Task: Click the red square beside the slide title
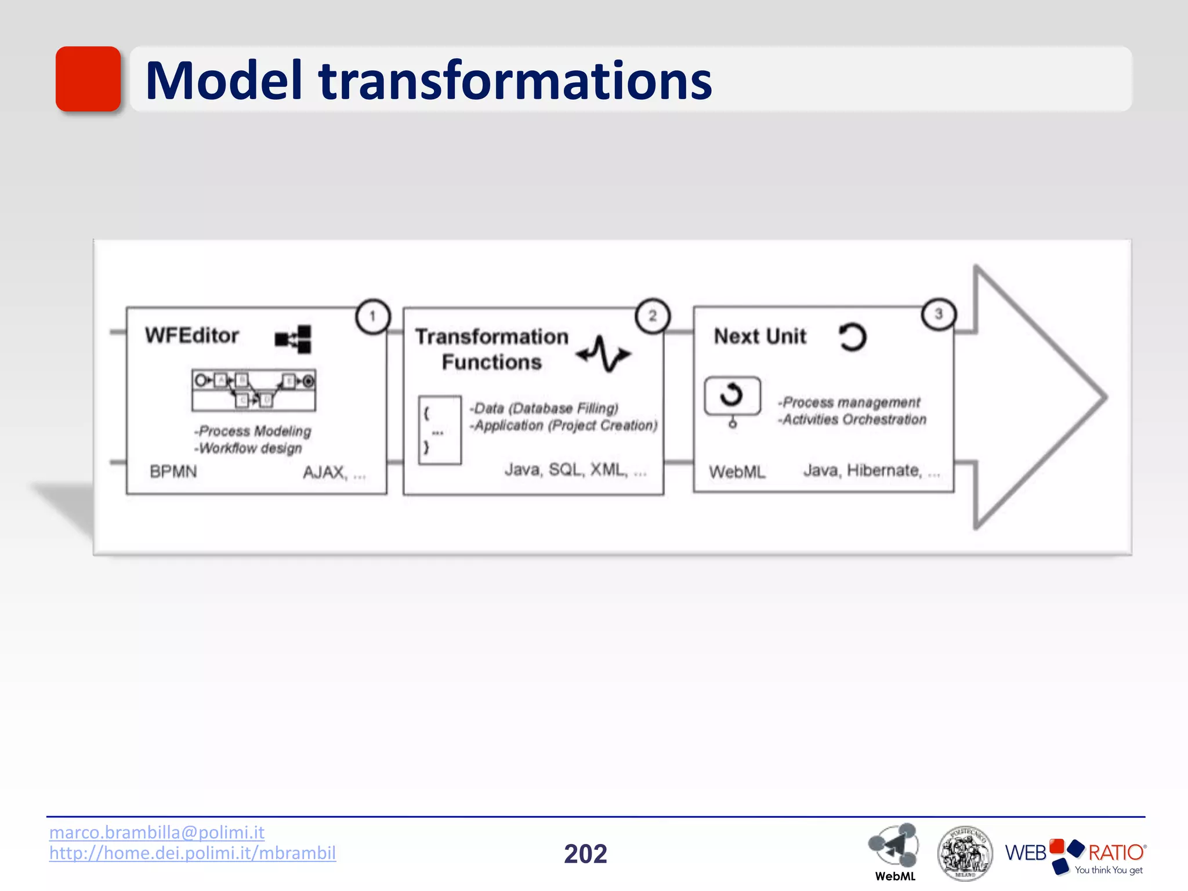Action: pyautogui.click(x=88, y=79)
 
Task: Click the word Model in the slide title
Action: pyautogui.click(x=224, y=81)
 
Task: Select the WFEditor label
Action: pyautogui.click(x=192, y=335)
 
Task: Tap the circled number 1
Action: pyautogui.click(x=372, y=316)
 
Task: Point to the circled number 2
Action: pyautogui.click(x=653, y=316)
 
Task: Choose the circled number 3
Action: pyautogui.click(x=938, y=314)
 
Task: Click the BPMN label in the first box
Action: pyautogui.click(x=173, y=472)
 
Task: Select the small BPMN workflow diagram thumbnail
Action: pyautogui.click(x=254, y=390)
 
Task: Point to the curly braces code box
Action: pyautogui.click(x=440, y=430)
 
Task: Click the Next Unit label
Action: pyautogui.click(x=760, y=336)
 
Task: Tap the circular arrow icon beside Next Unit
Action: pyautogui.click(x=852, y=337)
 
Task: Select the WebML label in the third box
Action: pyautogui.click(x=737, y=472)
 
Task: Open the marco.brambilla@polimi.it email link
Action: pyautogui.click(x=157, y=832)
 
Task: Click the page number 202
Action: pyautogui.click(x=585, y=854)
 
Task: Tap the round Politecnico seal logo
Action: pyautogui.click(x=965, y=853)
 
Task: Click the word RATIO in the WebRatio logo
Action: pyautogui.click(x=1115, y=852)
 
